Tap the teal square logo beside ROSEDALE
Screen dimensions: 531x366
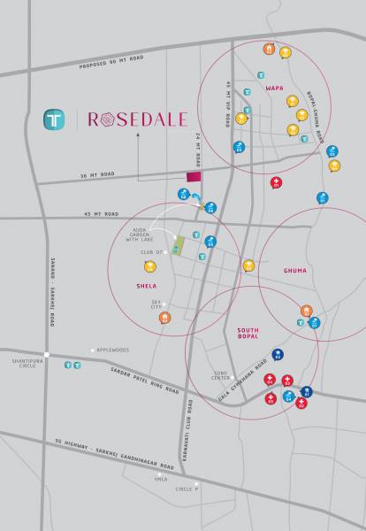(x=55, y=119)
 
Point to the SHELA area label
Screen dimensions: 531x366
(x=147, y=285)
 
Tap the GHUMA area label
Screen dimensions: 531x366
(x=294, y=270)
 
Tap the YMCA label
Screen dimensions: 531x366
(x=161, y=479)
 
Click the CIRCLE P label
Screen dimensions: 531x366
(x=186, y=489)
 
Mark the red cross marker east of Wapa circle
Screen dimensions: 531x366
(x=277, y=183)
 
